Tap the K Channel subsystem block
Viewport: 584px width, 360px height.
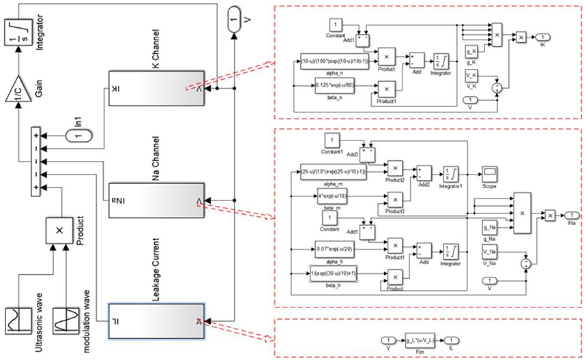(156, 89)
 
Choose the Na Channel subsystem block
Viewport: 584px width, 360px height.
(156, 200)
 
